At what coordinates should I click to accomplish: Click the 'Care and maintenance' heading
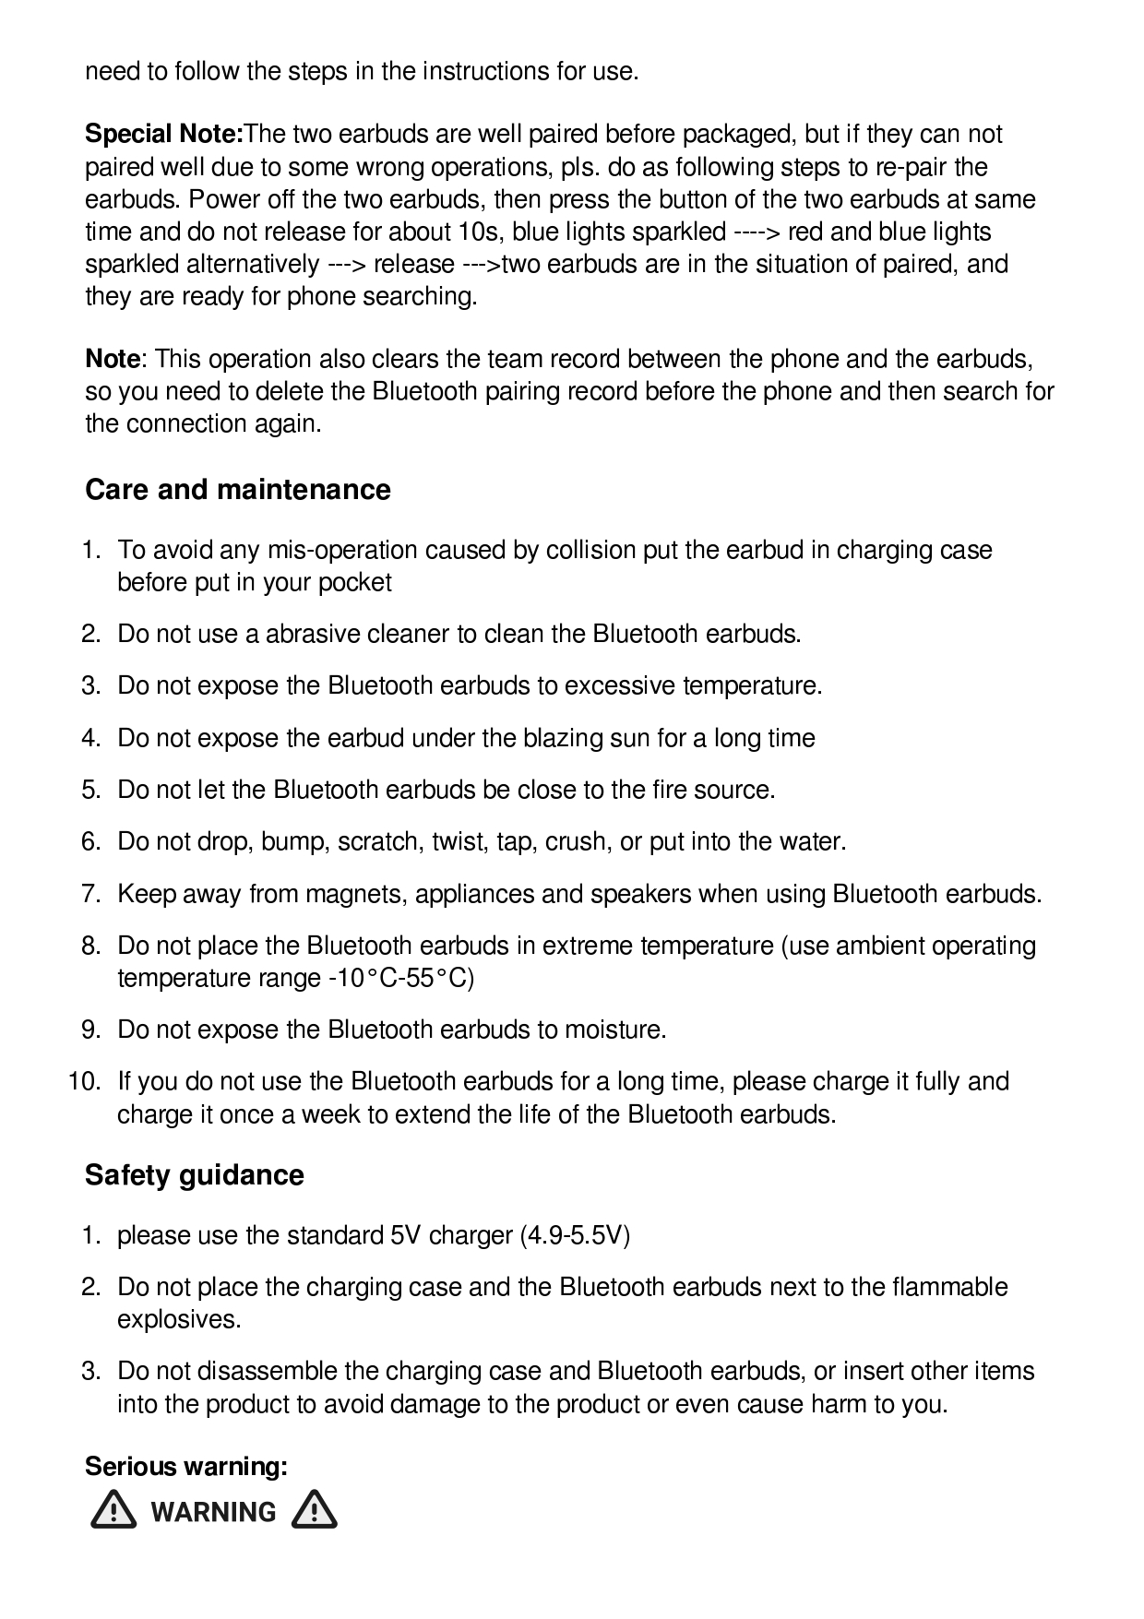pyautogui.click(x=237, y=489)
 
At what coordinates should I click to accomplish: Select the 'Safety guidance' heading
pyautogui.click(x=194, y=1174)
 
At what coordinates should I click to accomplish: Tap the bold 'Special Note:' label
pyautogui.click(x=163, y=134)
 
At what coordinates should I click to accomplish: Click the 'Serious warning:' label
pyautogui.click(x=186, y=1466)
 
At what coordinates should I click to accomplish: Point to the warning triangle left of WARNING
pyautogui.click(x=113, y=1511)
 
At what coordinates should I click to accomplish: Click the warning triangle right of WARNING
pyautogui.click(x=314, y=1511)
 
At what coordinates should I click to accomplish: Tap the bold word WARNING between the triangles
pyautogui.click(x=213, y=1512)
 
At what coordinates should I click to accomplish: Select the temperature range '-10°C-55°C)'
pyautogui.click(x=401, y=978)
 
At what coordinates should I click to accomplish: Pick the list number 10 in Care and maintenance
pyautogui.click(x=85, y=1081)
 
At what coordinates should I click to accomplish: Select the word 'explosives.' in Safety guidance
pyautogui.click(x=179, y=1319)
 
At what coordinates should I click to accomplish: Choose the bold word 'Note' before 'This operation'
pyautogui.click(x=113, y=359)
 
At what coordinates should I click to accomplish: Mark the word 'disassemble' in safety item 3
pyautogui.click(x=267, y=1371)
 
